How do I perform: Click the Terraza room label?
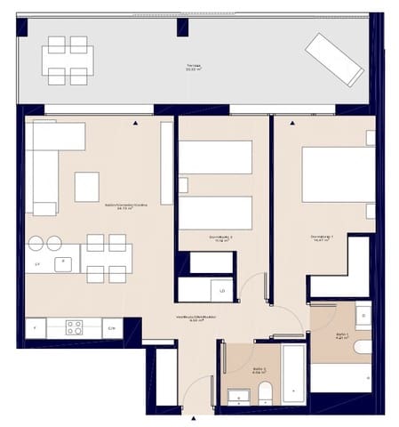194,68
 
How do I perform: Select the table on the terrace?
68,60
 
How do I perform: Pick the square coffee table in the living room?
87,187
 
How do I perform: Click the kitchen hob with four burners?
74,327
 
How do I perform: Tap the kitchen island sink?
66,263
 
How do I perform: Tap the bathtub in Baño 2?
293,375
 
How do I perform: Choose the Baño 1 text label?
343,337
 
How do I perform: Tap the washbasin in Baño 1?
363,317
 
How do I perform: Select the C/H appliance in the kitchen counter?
111,328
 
